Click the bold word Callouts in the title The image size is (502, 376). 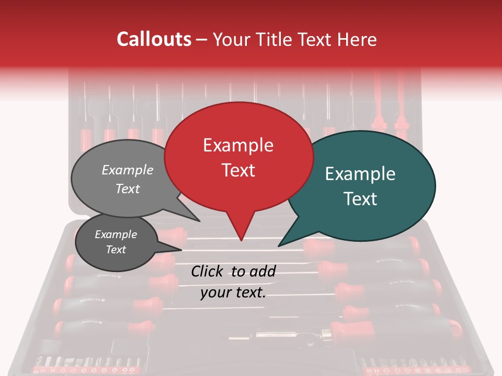click(154, 39)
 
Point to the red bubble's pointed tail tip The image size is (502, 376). click(241, 240)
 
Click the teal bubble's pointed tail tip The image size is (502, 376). click(278, 246)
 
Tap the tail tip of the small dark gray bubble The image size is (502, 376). click(181, 249)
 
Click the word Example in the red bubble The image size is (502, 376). click(238, 145)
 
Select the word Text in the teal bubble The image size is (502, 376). click(361, 199)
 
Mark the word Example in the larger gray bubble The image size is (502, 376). click(128, 170)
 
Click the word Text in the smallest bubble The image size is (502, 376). click(116, 250)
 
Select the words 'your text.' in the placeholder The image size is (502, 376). click(233, 292)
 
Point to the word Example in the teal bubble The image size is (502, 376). click(360, 174)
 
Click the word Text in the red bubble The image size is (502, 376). click(238, 170)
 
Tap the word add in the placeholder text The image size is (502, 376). click(263, 271)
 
